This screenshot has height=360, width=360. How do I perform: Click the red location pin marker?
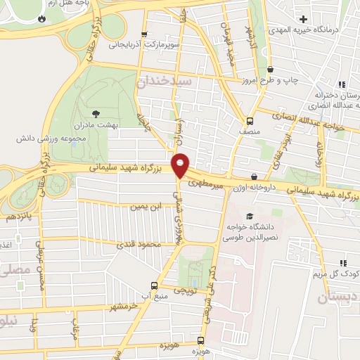(181, 165)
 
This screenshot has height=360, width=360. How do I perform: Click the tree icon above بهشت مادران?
(96, 112)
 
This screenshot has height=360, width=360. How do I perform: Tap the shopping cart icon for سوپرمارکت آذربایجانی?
(144, 34)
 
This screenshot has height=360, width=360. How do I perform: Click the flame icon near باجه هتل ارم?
(41, 18)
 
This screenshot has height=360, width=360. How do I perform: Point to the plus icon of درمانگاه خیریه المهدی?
(303, 18)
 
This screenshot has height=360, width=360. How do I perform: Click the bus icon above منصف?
(249, 120)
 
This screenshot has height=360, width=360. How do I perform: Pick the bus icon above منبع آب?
(154, 285)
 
